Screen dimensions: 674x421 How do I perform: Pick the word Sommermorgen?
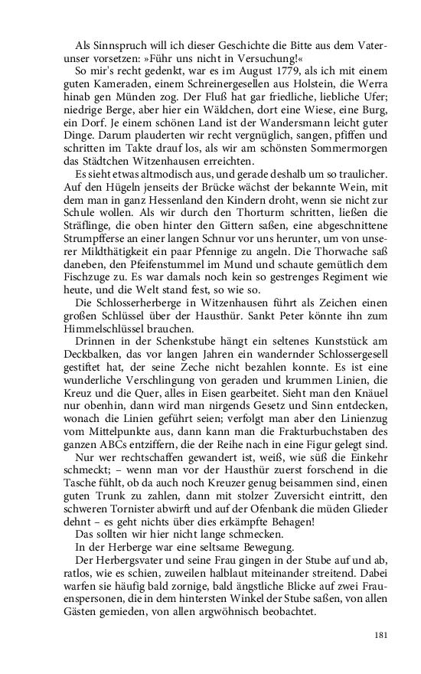[x=354, y=149]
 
